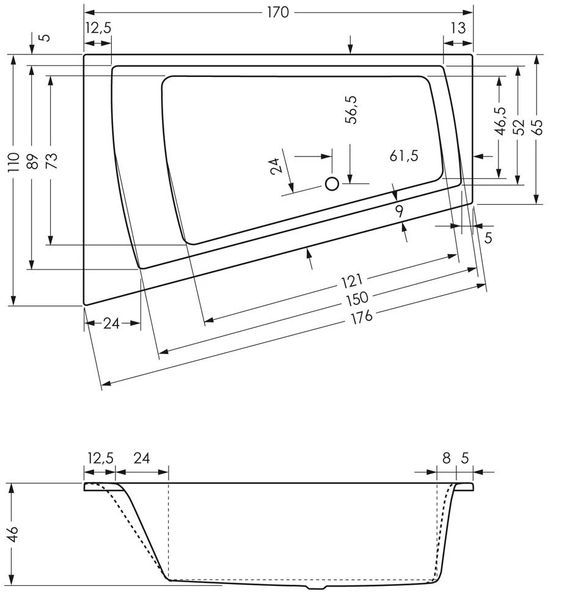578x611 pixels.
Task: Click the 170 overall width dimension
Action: click(277, 12)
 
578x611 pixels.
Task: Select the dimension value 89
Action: click(32, 161)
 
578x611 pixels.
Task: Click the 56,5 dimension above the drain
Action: click(351, 110)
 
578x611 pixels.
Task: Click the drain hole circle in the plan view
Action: click(332, 183)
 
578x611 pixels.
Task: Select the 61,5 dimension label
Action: click(404, 156)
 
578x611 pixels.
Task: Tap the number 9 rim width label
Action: click(399, 211)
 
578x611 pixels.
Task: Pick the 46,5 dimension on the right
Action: click(500, 120)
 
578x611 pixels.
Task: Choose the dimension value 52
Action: click(519, 126)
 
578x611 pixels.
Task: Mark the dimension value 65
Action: click(537, 126)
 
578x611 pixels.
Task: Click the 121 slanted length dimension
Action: click(352, 281)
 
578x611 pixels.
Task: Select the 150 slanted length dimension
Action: click(357, 298)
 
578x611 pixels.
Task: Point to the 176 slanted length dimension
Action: click(361, 316)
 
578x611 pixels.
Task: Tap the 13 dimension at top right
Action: click(458, 27)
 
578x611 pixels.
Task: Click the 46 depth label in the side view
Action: click(13, 534)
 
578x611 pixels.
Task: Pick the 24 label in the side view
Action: click(141, 458)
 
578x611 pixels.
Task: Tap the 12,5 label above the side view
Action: click(100, 458)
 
